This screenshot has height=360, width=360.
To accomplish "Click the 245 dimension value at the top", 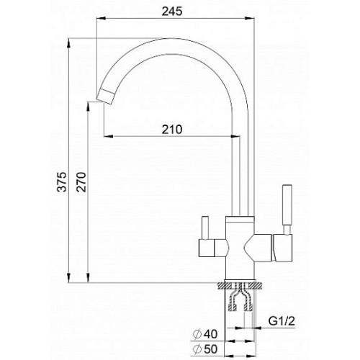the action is pyautogui.click(x=172, y=11).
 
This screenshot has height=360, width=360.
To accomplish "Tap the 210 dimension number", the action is pyautogui.click(x=172, y=130).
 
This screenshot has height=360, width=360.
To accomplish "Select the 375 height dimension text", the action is pyautogui.click(x=63, y=181).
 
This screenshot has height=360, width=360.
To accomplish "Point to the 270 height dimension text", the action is pyautogui.click(x=81, y=181).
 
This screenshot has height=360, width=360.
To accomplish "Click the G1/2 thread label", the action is pyautogui.click(x=282, y=321).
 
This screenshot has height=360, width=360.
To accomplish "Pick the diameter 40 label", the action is pyautogui.click(x=205, y=334).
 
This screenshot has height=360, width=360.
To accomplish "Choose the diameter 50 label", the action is pyautogui.click(x=205, y=349).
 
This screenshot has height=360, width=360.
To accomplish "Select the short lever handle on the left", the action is pyautogui.click(x=205, y=228).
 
